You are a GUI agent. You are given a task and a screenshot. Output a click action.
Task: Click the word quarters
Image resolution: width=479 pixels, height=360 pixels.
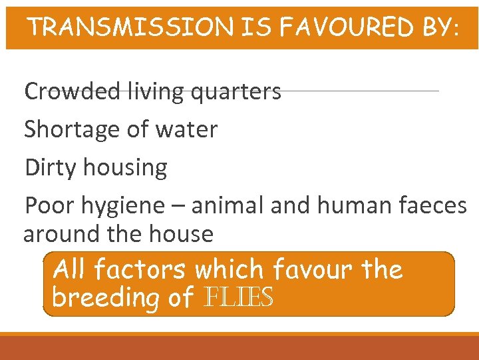pyautogui.click(x=236, y=92)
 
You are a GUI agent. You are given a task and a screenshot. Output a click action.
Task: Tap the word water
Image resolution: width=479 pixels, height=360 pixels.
pyautogui.click(x=187, y=129)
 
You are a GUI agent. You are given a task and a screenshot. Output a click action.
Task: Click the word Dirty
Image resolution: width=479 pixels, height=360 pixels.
pyautogui.click(x=47, y=167)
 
